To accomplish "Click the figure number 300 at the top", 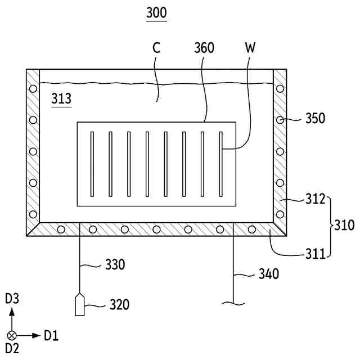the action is coord(156,13).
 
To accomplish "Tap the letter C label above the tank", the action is coord(156,48).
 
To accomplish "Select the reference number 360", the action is coord(204,48).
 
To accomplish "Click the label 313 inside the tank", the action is coord(61,99).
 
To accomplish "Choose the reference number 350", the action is coord(316,119).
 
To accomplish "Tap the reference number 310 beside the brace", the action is coord(344,226).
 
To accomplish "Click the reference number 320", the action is coord(118,305).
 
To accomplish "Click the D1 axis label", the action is coord(51,336).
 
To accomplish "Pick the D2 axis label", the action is coord(12,349).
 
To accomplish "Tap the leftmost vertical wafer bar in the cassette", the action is coord(92,164).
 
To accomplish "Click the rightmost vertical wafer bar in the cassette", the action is coord(221,164).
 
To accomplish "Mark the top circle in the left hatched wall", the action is coord(33,89).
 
